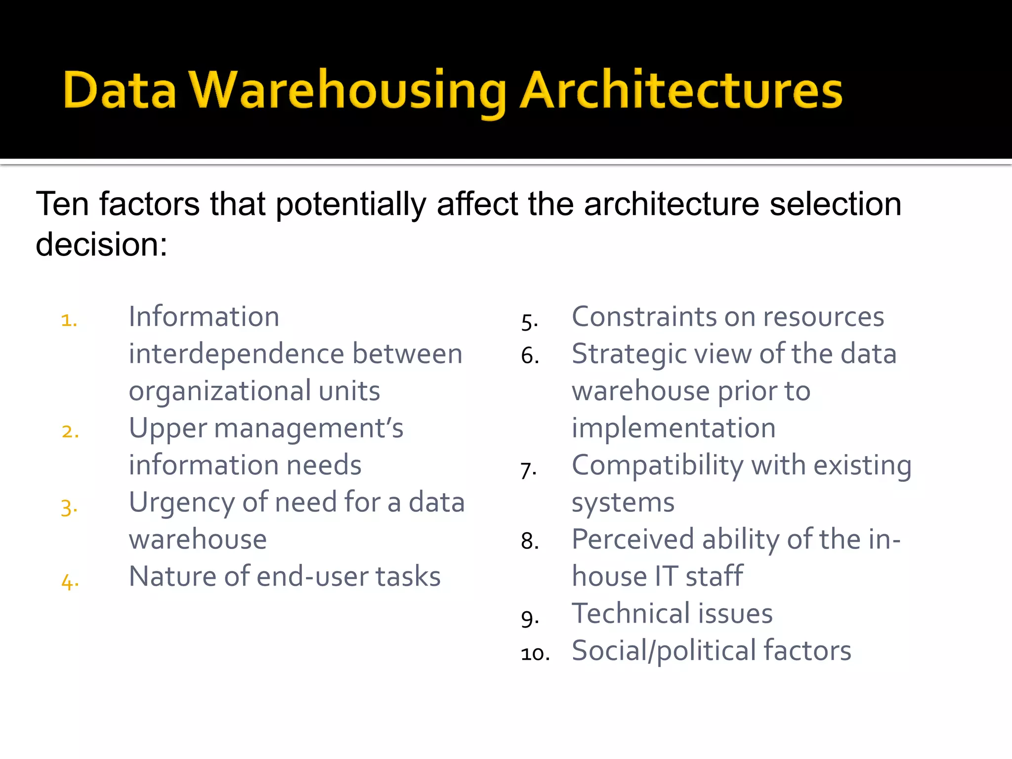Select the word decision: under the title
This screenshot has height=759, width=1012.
click(102, 244)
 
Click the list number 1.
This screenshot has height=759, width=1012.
click(69, 320)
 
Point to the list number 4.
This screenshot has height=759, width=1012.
click(70, 582)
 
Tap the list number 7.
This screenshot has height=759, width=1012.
click(528, 470)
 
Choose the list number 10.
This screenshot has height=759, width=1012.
click(535, 654)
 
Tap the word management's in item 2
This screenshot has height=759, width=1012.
click(308, 428)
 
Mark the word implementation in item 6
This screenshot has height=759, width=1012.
click(674, 428)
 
